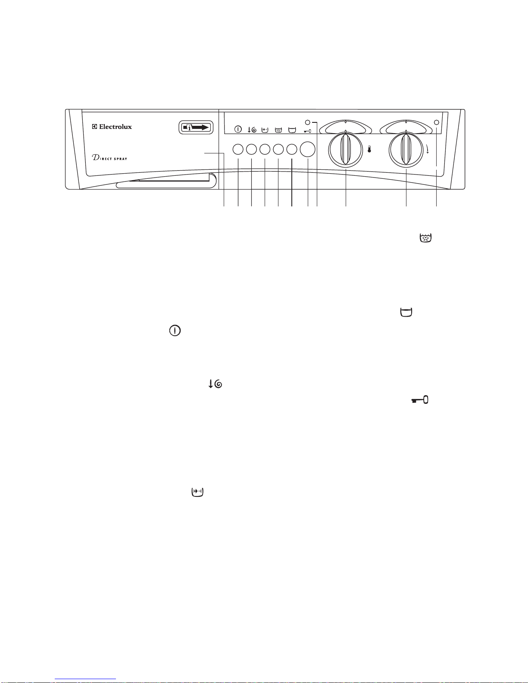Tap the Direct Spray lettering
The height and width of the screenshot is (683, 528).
(x=109, y=157)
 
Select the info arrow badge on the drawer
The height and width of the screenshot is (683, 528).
(x=196, y=128)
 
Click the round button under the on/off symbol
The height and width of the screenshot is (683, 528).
(x=238, y=150)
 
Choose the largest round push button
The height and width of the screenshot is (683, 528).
(x=308, y=149)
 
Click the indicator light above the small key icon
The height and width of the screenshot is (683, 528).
(x=308, y=122)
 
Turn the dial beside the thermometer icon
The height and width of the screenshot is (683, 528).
(x=345, y=150)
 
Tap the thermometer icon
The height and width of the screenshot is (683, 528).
(x=369, y=150)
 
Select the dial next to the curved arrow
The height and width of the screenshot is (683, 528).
(x=406, y=150)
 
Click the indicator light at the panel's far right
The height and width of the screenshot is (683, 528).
(x=437, y=122)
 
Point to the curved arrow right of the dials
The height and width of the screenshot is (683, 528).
(x=427, y=150)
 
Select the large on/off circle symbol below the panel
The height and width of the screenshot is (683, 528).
(x=175, y=331)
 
